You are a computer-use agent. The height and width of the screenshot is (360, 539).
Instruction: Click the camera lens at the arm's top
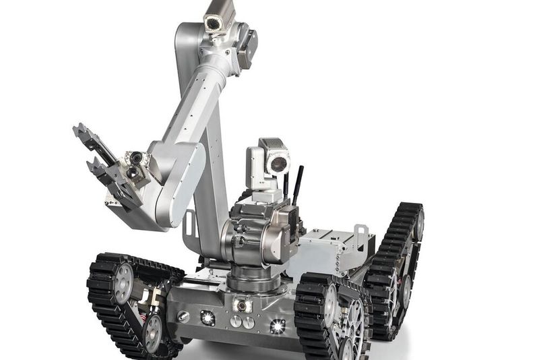(x=214, y=24)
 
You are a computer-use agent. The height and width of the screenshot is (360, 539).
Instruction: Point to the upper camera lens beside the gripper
(x=137, y=158)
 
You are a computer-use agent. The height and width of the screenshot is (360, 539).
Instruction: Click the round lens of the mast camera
(x=278, y=164)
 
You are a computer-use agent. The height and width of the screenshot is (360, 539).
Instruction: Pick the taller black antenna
(x=296, y=185)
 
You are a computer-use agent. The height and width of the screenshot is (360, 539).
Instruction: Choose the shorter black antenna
(x=286, y=186)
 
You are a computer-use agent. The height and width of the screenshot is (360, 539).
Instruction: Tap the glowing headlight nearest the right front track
(x=277, y=326)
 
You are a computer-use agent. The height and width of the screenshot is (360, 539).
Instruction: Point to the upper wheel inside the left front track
(x=123, y=282)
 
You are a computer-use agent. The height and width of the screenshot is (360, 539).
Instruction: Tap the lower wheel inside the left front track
(x=153, y=332)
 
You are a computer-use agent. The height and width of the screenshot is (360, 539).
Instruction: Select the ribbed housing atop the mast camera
(x=272, y=144)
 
